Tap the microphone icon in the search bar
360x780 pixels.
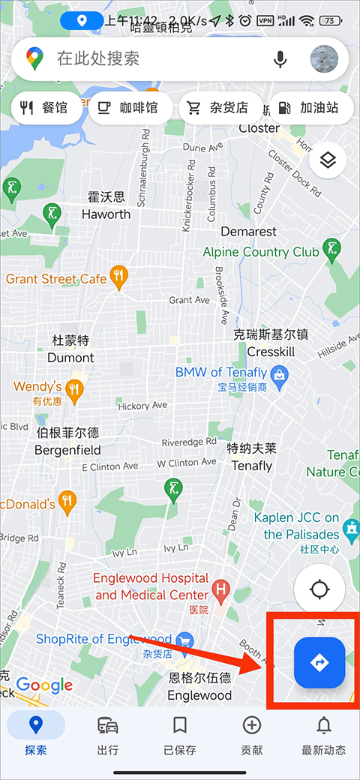tap(280, 58)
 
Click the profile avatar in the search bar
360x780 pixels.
tap(324, 58)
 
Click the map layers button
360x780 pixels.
tap(327, 160)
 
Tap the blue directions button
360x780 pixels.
tap(319, 662)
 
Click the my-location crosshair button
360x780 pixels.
tap(319, 589)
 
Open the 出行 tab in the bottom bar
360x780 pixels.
tap(107, 735)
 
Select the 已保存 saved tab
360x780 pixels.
tap(179, 735)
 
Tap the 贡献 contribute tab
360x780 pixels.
tap(251, 735)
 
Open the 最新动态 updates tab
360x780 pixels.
tap(323, 735)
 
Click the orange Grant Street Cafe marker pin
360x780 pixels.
tap(118, 277)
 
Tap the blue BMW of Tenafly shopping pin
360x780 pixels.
tap(280, 373)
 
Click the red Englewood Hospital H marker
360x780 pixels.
tap(220, 589)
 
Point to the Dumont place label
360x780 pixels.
tap(70, 357)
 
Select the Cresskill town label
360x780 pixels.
tap(271, 352)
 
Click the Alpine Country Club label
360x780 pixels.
tap(261, 252)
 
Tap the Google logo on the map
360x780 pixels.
tap(44, 685)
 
